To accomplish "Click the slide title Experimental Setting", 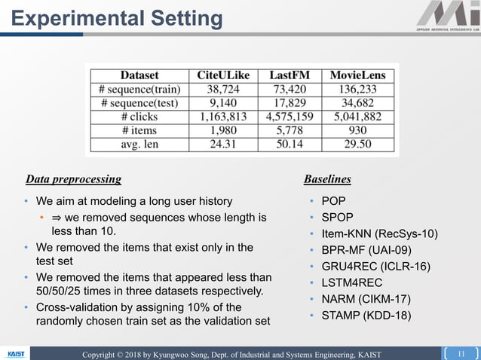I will (117, 18).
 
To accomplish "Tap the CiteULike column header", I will (223, 75).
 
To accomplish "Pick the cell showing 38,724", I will (223, 89).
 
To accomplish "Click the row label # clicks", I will (139, 117).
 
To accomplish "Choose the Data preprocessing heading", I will (73, 179).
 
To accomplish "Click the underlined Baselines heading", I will (327, 179).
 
